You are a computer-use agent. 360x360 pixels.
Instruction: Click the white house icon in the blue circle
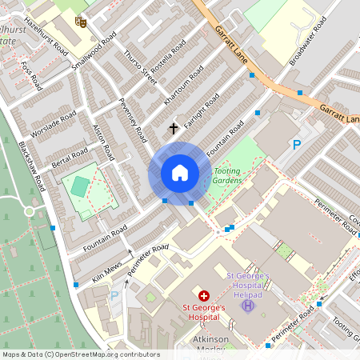(180, 173)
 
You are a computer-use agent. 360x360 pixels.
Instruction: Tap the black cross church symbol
(173, 127)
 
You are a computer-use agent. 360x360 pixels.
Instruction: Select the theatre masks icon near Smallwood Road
(79, 22)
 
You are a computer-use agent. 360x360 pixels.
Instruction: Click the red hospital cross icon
(203, 295)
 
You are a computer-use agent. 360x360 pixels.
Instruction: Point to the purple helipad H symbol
(248, 306)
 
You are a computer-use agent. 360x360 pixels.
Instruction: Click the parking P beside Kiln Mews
(113, 295)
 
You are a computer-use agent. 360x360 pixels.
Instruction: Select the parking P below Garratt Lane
(297, 145)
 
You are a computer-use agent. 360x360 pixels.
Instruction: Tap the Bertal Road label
(70, 154)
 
